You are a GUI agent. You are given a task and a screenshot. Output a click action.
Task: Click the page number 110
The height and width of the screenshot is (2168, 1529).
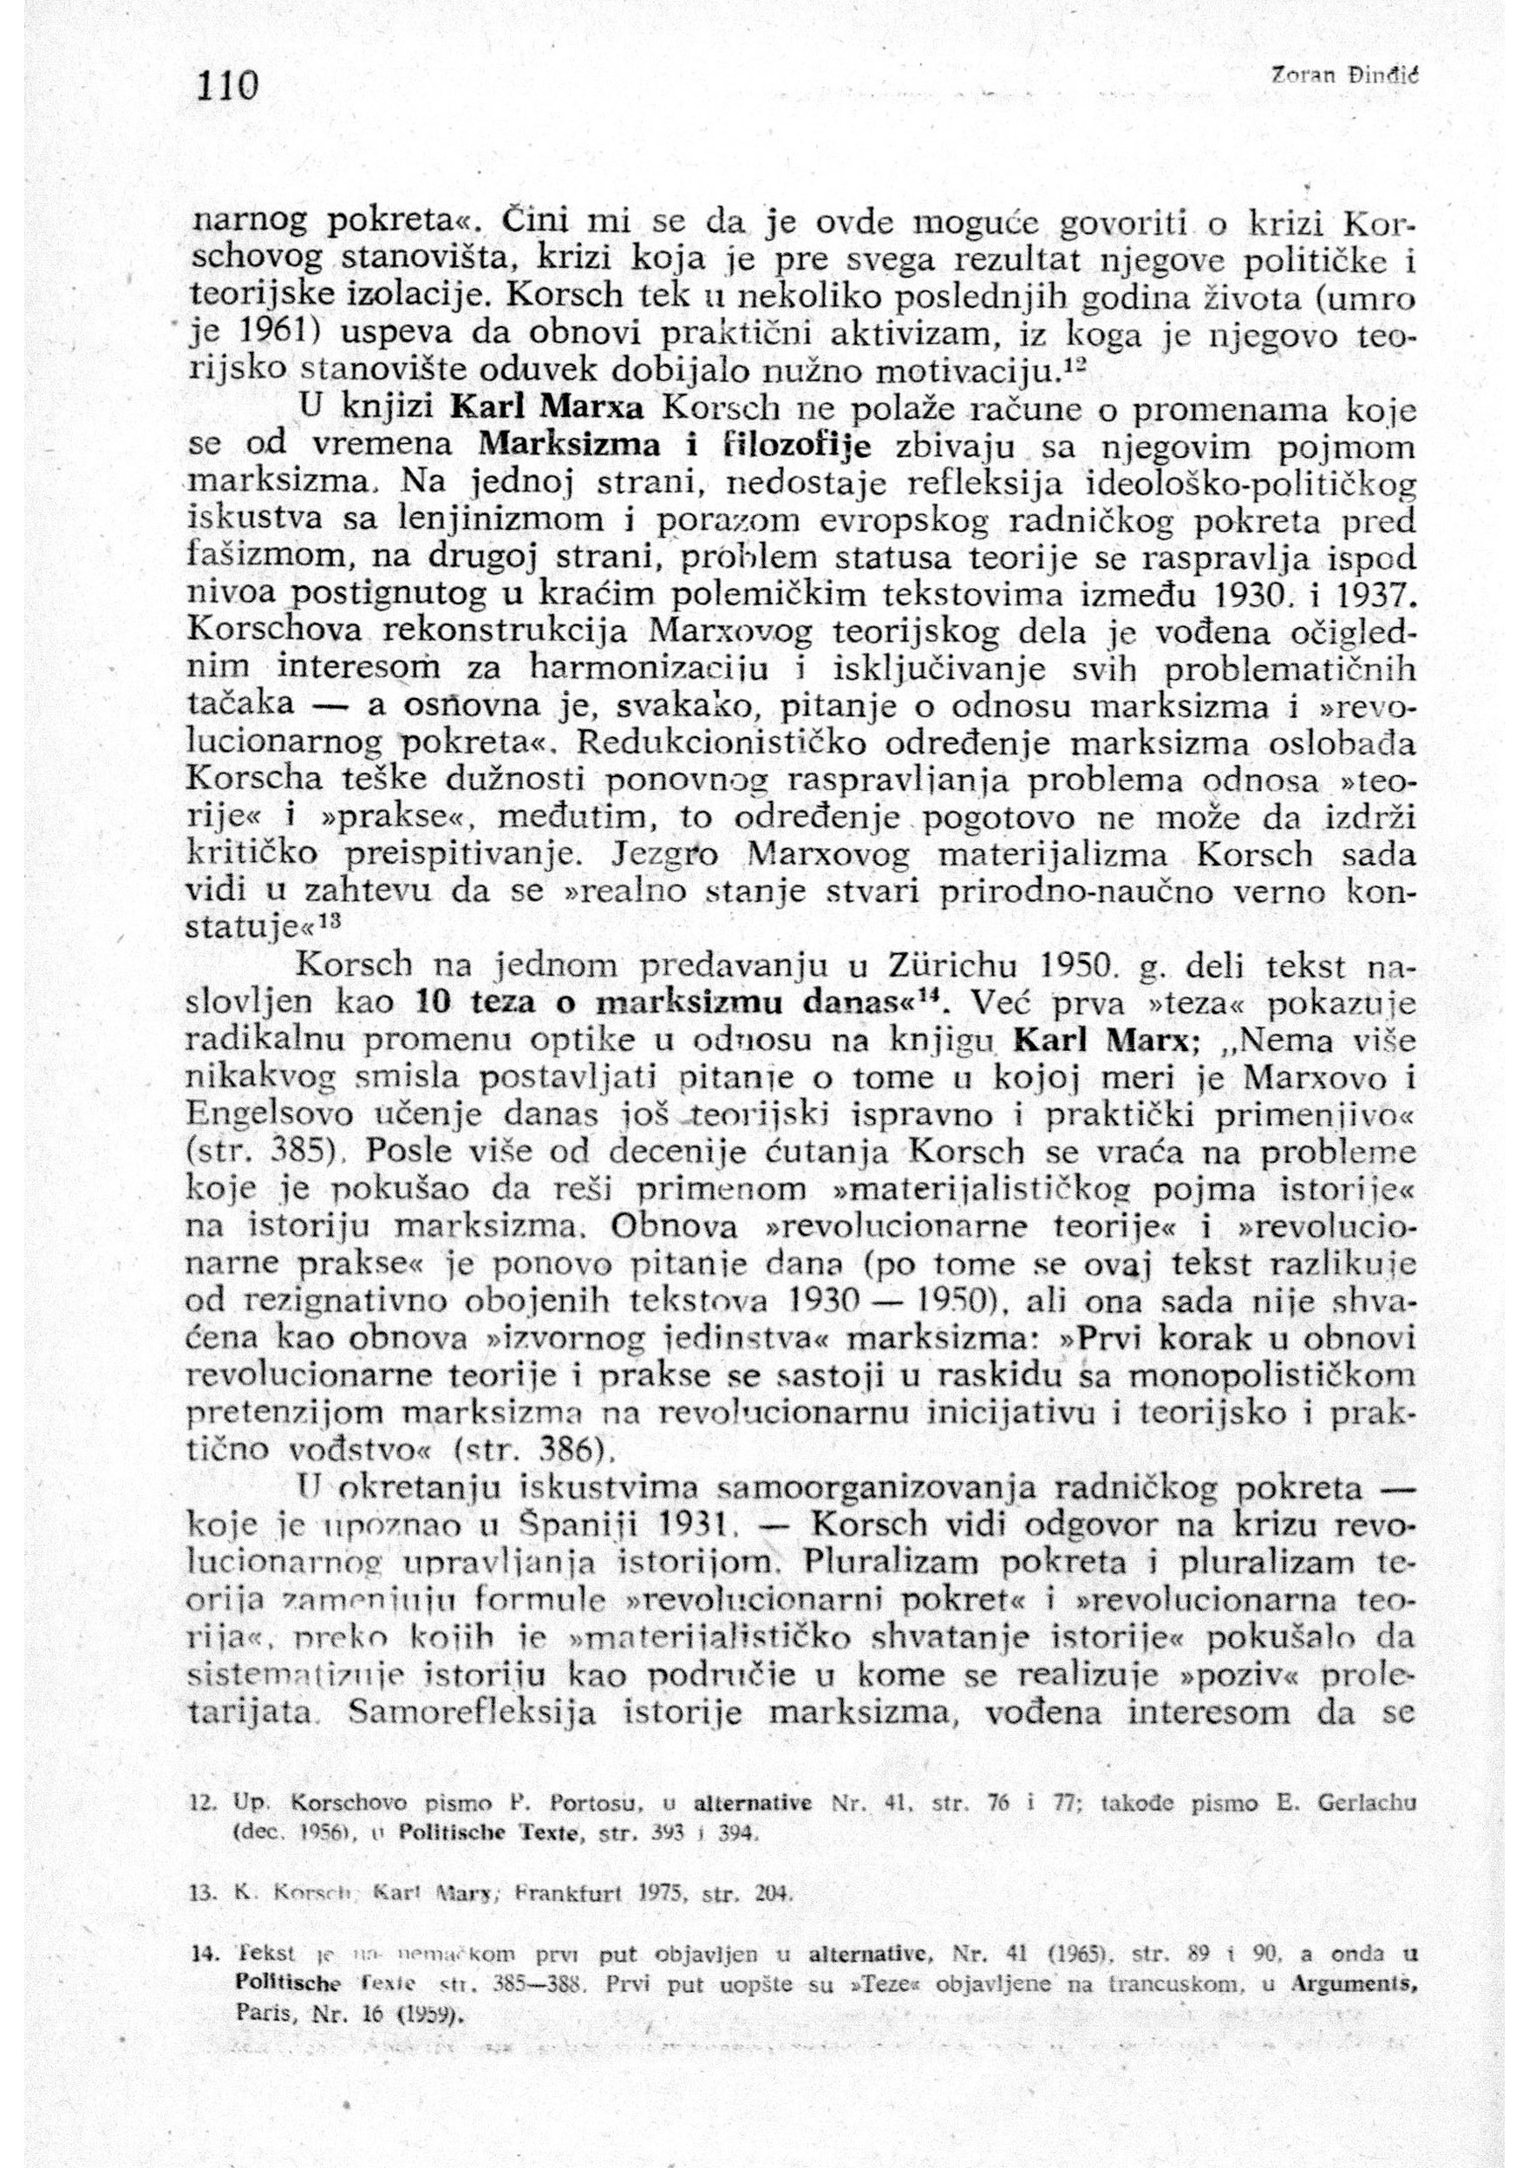tap(226, 87)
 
